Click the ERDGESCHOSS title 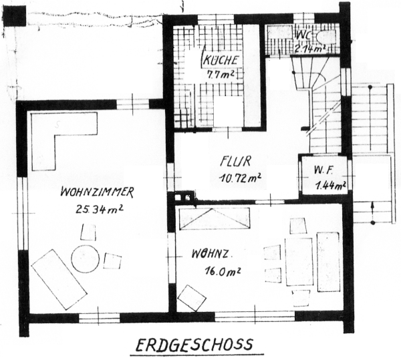click(194, 345)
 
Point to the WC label click(303, 34)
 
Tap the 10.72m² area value click(239, 178)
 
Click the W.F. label click(323, 170)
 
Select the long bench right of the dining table click(328, 261)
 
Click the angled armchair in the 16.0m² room click(192, 298)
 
